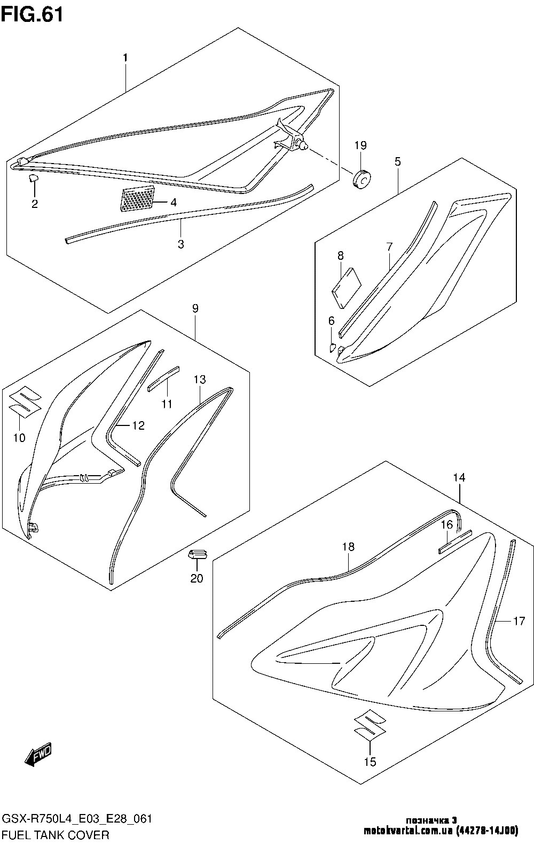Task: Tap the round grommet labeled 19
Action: pyautogui.click(x=362, y=179)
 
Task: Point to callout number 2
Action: pyautogui.click(x=35, y=204)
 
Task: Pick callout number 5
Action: pyautogui.click(x=398, y=161)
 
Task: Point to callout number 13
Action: pyautogui.click(x=199, y=380)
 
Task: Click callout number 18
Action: pyautogui.click(x=348, y=547)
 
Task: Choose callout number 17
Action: pyautogui.click(x=519, y=621)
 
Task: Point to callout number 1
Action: pyautogui.click(x=125, y=57)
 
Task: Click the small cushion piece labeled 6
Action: pyautogui.click(x=332, y=347)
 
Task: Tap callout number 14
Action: pyautogui.click(x=459, y=478)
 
